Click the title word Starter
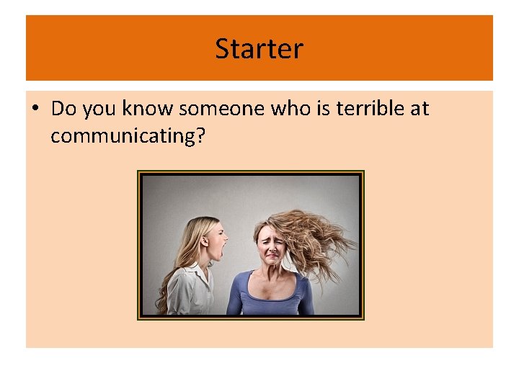(259, 49)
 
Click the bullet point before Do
(35, 109)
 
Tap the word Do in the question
(63, 109)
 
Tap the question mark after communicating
(200, 135)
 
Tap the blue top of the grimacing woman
(270, 299)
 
